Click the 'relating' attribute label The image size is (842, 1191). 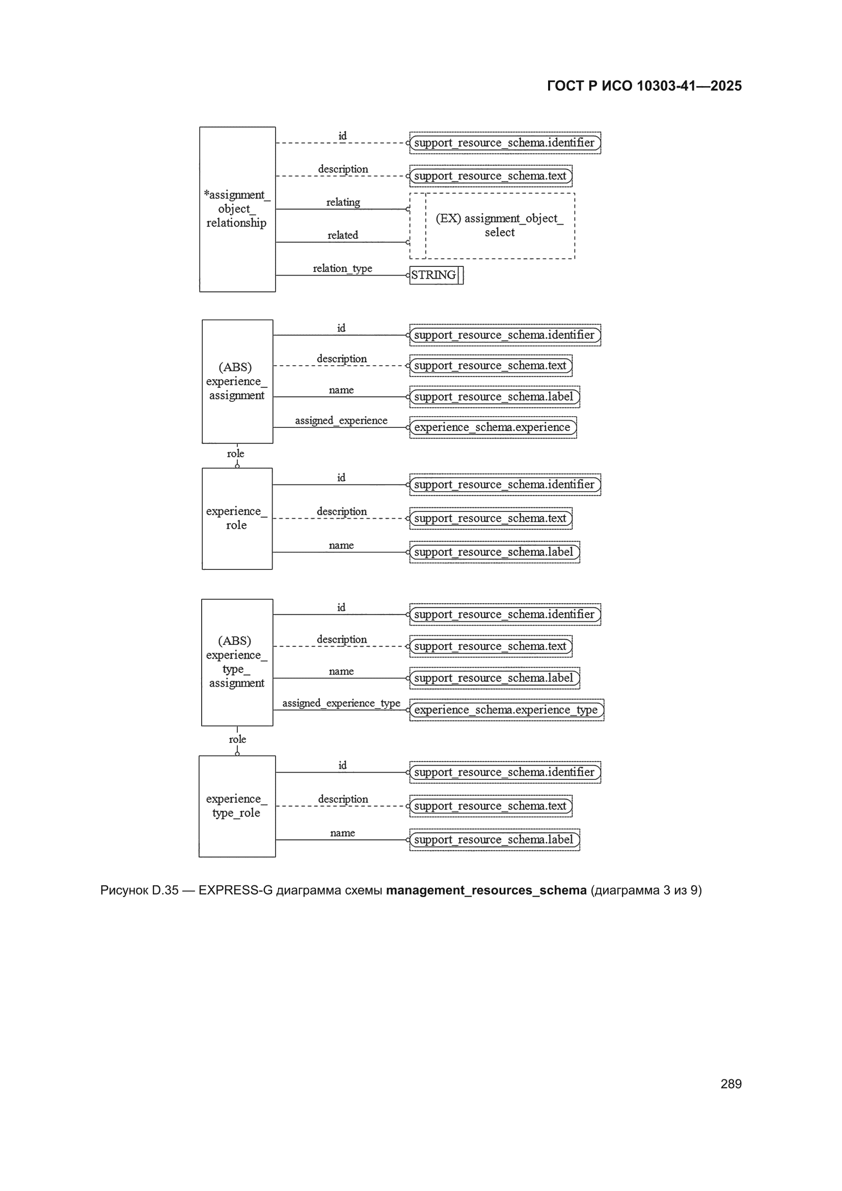(x=343, y=202)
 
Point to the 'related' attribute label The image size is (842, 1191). (x=342, y=235)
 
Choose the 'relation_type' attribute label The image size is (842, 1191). (x=342, y=268)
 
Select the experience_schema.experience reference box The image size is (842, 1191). (x=493, y=427)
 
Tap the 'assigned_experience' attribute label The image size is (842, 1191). (x=341, y=420)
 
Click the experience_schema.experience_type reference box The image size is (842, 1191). (x=506, y=710)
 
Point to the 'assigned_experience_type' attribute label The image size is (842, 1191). (x=341, y=703)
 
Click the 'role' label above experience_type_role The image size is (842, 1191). (x=237, y=739)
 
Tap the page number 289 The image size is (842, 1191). (x=731, y=1084)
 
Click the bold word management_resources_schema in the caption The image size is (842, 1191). (x=486, y=890)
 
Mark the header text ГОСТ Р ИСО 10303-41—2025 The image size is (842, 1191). (x=644, y=86)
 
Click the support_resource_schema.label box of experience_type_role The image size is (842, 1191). (x=495, y=840)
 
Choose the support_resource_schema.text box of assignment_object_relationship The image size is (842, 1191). (x=491, y=176)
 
